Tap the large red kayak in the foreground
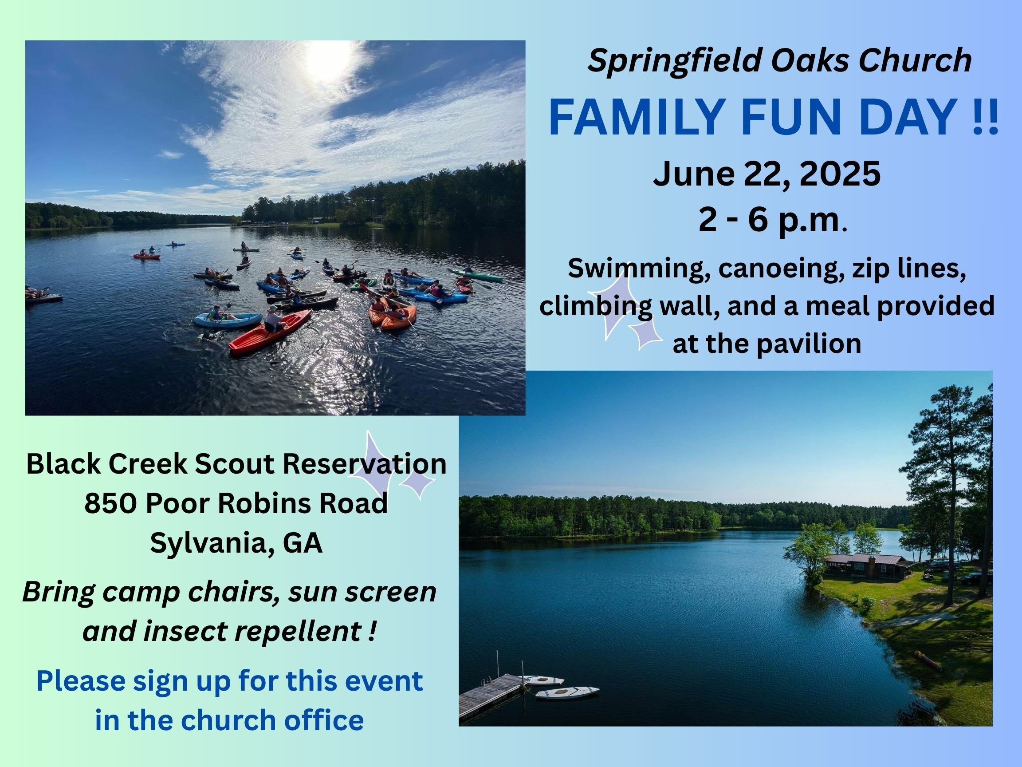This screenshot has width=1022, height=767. [x=270, y=332]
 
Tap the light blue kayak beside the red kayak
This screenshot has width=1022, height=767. [x=228, y=320]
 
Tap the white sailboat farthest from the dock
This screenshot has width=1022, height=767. [x=567, y=692]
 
